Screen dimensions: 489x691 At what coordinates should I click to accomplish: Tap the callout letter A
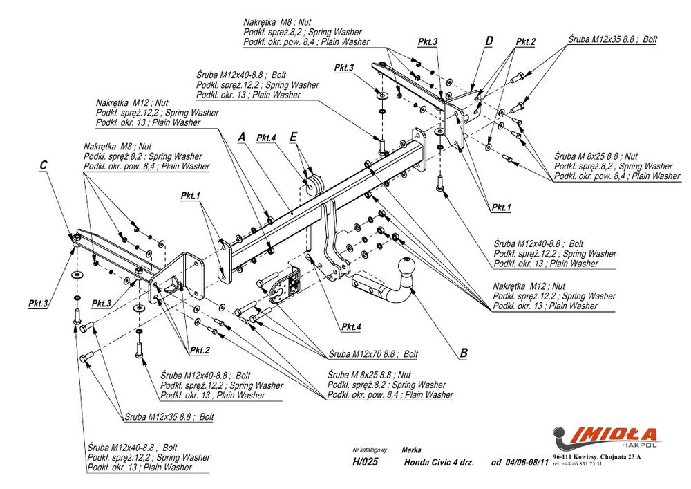pos(241,138)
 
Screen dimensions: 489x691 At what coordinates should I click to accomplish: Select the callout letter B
pos(464,353)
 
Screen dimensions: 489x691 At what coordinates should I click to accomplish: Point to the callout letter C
pos(44,165)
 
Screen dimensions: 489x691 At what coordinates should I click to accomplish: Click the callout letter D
pos(489,41)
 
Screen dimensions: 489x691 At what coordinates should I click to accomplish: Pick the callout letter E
pos(293,138)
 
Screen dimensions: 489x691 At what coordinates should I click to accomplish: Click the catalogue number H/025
pos(366,463)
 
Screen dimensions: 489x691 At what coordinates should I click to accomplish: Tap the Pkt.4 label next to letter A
pos(266,138)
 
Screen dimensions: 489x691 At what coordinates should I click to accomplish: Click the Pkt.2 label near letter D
pos(525,42)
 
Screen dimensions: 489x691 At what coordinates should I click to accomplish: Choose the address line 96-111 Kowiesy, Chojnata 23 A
pos(597,456)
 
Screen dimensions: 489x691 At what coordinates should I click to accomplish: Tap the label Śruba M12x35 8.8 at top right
pos(612,39)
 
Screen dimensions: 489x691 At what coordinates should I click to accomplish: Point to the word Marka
pos(411,450)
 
